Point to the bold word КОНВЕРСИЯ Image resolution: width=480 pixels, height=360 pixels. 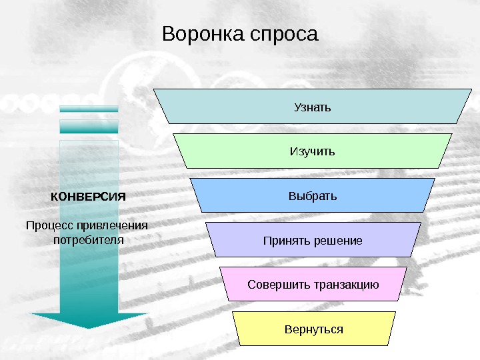[x=88, y=197]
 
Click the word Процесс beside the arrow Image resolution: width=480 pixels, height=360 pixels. [x=49, y=225]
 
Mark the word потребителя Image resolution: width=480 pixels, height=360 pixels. [x=89, y=238]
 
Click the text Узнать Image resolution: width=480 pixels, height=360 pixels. [x=313, y=107]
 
